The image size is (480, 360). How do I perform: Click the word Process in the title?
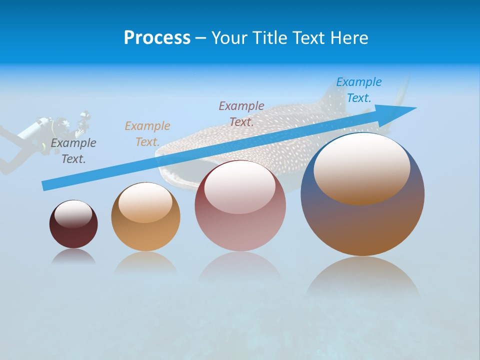click(157, 38)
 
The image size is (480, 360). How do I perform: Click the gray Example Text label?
click(73, 151)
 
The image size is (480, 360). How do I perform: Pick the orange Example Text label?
click(147, 134)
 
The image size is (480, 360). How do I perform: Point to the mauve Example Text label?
click(241, 113)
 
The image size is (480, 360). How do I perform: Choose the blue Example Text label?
click(358, 90)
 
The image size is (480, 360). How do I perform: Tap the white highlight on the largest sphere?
click(361, 168)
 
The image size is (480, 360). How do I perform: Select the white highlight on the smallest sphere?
click(73, 214)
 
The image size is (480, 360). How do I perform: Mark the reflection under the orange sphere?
click(145, 262)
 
